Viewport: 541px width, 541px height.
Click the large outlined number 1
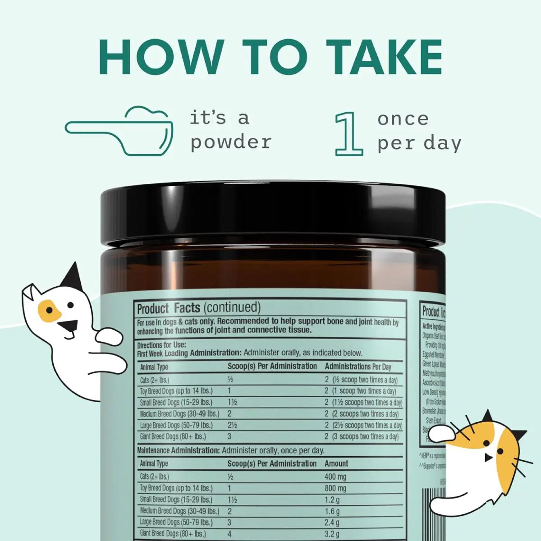coord(349,134)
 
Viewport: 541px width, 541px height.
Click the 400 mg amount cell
coord(335,477)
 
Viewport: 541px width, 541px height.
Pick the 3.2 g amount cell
coord(332,534)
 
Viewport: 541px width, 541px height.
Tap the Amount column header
coord(336,463)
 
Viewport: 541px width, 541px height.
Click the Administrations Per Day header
coord(358,367)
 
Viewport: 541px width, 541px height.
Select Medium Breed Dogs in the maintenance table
coord(179,511)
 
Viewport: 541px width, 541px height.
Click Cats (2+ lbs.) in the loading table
coord(155,380)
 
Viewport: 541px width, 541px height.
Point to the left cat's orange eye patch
coord(49,311)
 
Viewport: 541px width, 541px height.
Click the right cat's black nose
coord(487,458)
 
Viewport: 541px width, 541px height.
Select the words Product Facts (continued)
coord(199,308)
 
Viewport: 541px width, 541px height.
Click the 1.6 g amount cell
coord(332,511)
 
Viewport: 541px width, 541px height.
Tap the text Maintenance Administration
coord(179,450)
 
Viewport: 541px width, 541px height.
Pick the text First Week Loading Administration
coord(189,353)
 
